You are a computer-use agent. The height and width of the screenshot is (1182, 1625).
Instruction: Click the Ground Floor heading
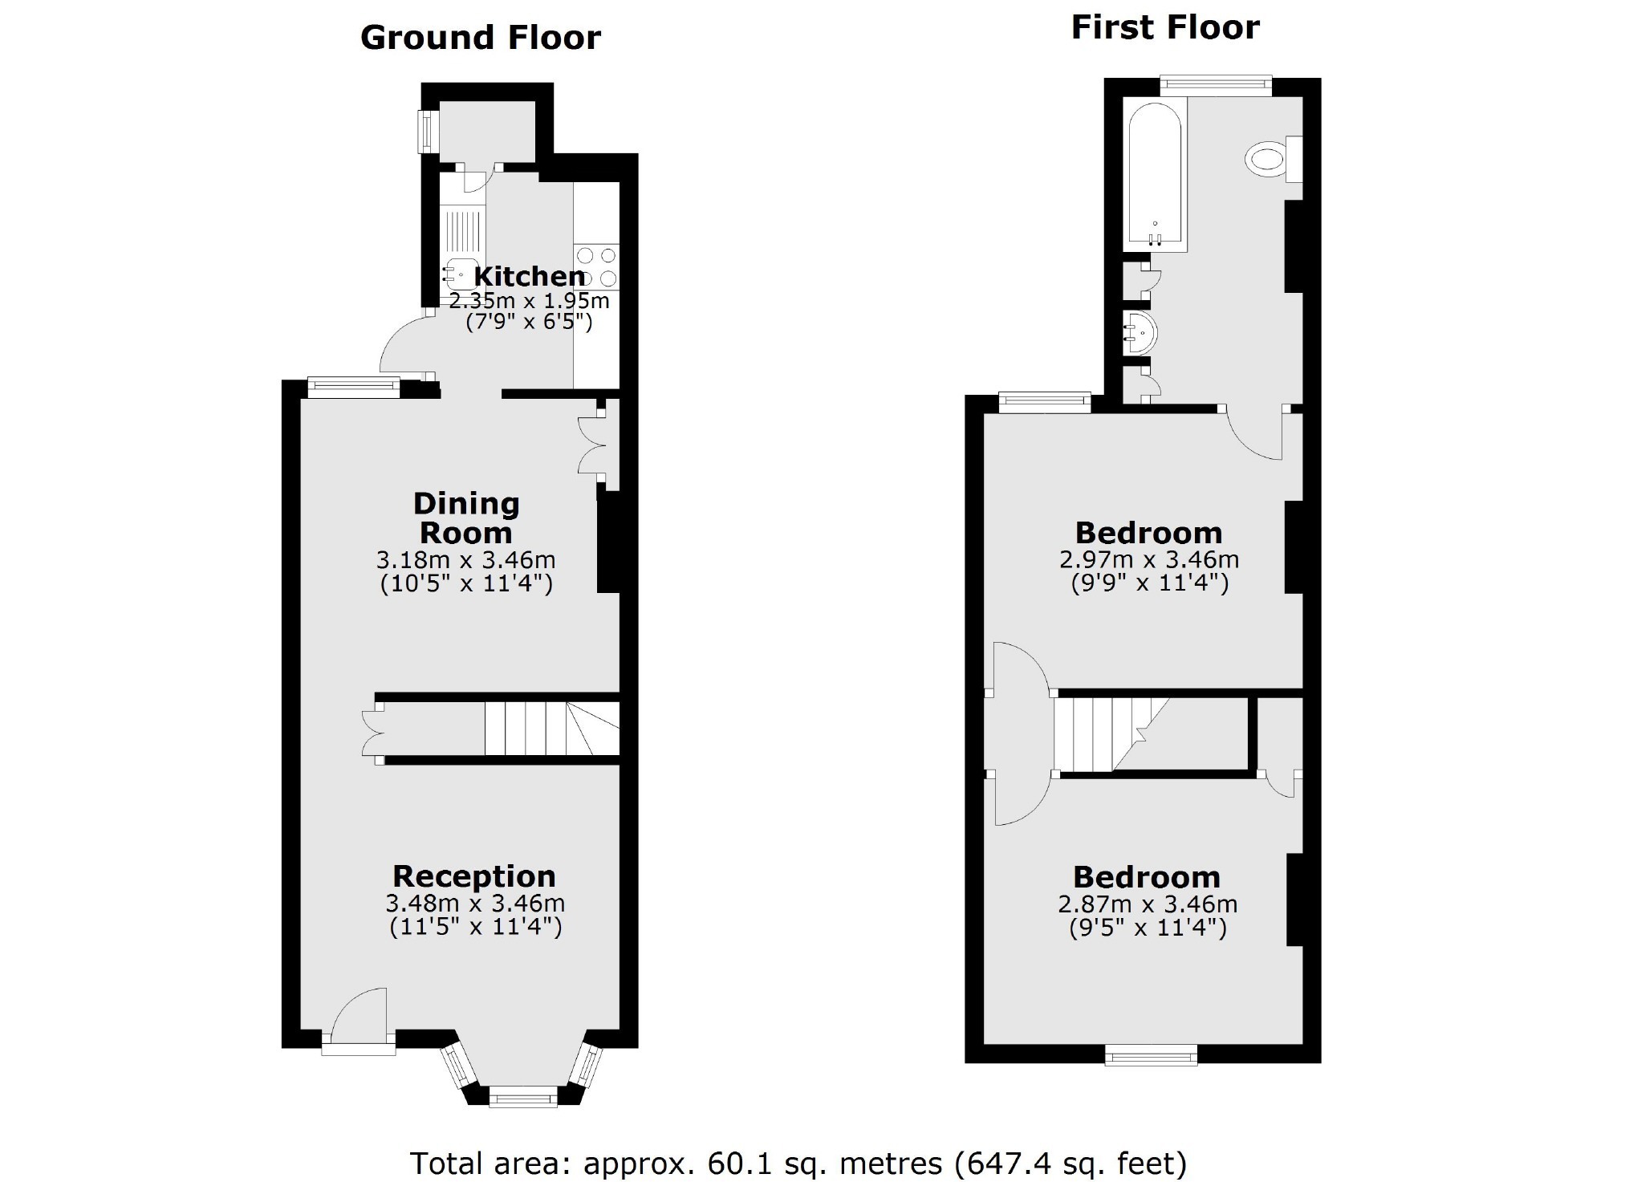pos(480,38)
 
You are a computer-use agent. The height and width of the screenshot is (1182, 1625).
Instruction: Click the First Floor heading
pos(1165,27)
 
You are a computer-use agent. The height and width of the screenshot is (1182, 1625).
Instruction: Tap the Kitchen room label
pos(530,276)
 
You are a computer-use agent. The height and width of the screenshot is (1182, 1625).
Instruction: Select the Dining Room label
pos(466,518)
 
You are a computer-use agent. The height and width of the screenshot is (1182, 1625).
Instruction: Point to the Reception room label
pos(474,875)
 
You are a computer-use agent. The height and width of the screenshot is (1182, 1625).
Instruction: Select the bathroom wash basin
pos(1140,332)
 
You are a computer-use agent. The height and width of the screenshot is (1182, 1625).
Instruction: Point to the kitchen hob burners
pos(597,267)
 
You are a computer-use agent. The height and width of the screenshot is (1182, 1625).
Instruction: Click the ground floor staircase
pos(552,728)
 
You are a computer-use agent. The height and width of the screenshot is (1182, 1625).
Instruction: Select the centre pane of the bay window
pos(523,1095)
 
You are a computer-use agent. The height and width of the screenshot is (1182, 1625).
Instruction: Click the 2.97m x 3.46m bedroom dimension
pos(1149,559)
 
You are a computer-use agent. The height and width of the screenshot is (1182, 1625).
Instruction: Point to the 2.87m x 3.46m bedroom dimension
pos(1148,904)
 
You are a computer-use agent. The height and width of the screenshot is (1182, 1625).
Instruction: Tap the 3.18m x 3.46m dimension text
pos(465,559)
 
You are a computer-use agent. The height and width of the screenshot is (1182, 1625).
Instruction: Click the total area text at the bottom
pos(798,1163)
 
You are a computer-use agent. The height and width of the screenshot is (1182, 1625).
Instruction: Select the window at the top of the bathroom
pos(1216,85)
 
